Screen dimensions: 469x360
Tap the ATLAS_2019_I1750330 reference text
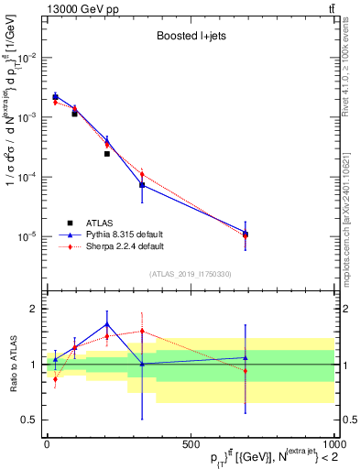point(190,273)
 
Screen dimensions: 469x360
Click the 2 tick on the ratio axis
point(33,309)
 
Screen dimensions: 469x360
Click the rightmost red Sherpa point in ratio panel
point(245,370)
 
